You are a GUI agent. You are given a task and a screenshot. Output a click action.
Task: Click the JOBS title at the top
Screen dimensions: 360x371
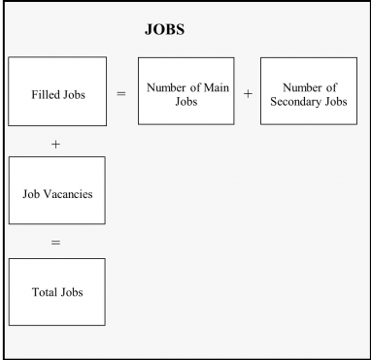pos(164,30)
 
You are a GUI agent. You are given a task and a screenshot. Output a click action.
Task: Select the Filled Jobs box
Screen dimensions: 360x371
pos(56,94)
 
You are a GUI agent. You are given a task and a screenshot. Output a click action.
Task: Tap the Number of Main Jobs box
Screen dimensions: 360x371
pos(185,90)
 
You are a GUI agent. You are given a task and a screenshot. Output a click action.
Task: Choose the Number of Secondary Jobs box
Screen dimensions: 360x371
pos(309,90)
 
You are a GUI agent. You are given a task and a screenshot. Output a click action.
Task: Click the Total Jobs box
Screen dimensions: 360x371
pos(56,291)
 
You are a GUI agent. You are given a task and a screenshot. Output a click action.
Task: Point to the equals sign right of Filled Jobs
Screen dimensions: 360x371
pos(120,94)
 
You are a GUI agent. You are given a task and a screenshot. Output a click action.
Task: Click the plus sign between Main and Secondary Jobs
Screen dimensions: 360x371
pos(247,94)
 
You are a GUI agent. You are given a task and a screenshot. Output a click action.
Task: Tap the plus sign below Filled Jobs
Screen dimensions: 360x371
pos(55,144)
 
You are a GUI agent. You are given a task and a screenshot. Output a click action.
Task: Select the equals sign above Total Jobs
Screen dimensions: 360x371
pos(55,243)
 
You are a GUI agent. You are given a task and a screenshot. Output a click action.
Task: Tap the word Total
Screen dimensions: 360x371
pos(44,291)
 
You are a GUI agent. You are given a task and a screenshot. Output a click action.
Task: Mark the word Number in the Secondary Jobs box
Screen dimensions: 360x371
pos(302,87)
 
